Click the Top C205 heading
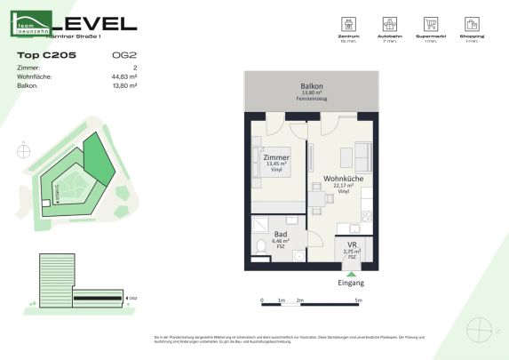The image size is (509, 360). click(x=46, y=55)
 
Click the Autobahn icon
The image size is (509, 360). click(x=389, y=24)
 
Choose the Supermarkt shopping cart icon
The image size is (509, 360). click(x=431, y=24)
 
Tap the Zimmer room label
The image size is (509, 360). click(x=276, y=156)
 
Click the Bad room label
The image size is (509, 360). click(x=281, y=233)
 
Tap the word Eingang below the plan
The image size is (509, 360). click(x=352, y=284)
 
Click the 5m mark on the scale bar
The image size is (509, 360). click(x=357, y=302)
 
